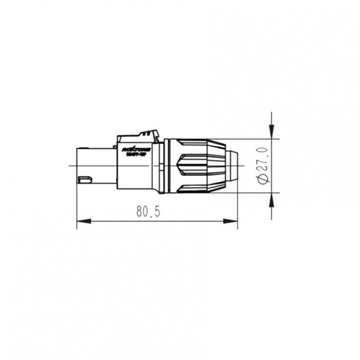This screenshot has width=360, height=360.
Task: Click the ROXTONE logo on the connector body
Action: pos(133,148)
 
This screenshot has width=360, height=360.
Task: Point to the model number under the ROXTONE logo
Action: pos(133,154)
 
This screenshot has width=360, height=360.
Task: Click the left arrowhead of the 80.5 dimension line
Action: pos(81,221)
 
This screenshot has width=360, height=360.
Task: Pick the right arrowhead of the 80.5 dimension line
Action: pos(233,221)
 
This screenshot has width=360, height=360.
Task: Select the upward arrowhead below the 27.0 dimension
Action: pos(272,198)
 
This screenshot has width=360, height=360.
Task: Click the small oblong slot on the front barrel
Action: pos(85,180)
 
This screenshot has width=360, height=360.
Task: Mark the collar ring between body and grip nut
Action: pos(166,166)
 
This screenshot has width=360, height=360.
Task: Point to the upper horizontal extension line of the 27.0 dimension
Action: pos(256,139)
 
